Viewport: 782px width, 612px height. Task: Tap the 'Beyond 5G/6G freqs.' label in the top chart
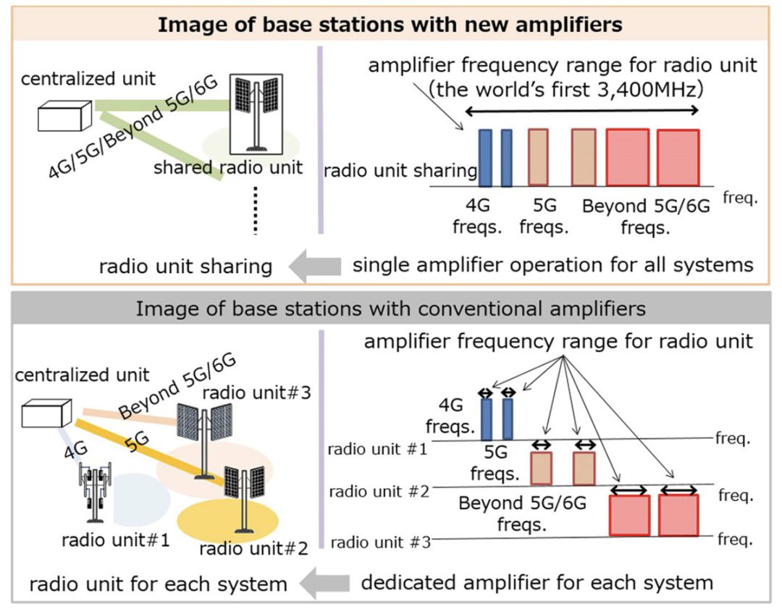pos(647,215)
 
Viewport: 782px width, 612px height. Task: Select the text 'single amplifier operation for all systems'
pos(552,265)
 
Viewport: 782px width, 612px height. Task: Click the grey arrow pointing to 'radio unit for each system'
pos(322,583)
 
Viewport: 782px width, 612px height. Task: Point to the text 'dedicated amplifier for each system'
pos(537,582)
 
